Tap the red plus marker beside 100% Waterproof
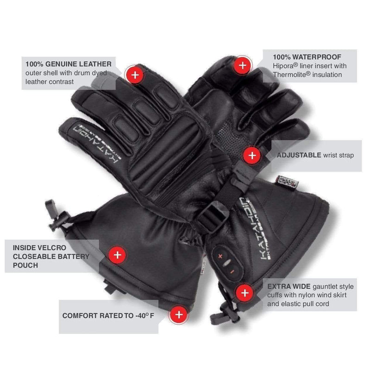click(x=242, y=65)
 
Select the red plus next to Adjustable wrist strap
click(x=252, y=155)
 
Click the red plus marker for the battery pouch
click(x=117, y=255)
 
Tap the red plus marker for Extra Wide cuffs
click(x=244, y=293)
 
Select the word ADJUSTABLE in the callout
click(x=296, y=156)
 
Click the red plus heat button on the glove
click(x=218, y=255)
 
